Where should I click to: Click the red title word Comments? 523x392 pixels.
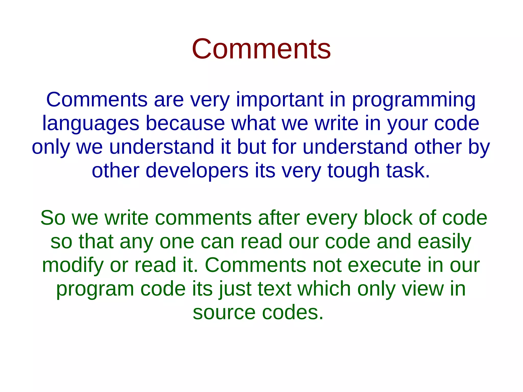tap(261, 49)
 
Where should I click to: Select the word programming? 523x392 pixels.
tap(414, 100)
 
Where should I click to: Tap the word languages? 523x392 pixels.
tap(91, 124)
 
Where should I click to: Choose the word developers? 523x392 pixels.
tap(197, 171)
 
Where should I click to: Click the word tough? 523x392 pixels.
tap(353, 171)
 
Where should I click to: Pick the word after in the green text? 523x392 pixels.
tap(279, 218)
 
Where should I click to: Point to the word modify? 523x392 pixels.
tap(73, 266)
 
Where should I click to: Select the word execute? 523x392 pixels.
tap(384, 265)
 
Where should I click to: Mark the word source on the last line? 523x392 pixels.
tap(224, 313)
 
